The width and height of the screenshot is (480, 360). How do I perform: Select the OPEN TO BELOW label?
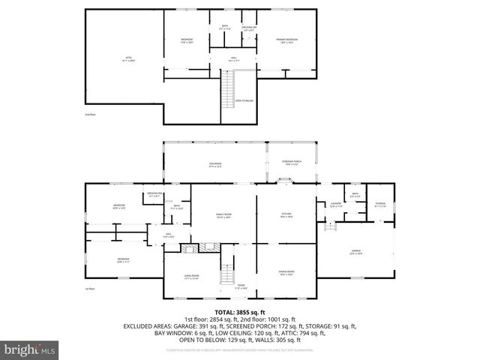244,100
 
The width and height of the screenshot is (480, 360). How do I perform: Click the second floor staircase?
228,90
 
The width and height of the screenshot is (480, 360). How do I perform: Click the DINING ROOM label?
286,272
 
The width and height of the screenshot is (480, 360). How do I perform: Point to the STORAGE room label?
380,204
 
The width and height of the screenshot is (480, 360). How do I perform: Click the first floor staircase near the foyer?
226,275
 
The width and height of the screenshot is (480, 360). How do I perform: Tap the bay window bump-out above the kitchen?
286,179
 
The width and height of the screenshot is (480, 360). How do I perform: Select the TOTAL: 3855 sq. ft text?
240,312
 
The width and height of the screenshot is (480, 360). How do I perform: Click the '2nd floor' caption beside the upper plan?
89,115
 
